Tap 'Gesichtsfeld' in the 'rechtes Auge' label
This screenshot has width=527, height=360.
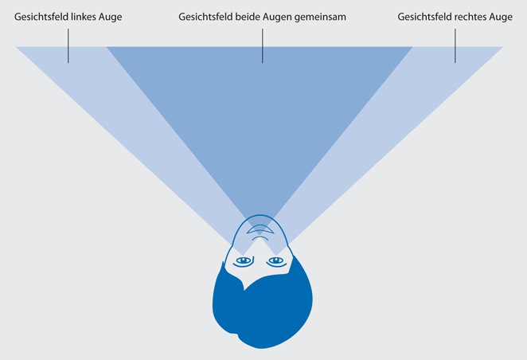coord(424,16)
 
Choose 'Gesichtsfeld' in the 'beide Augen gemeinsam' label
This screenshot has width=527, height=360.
coord(206,16)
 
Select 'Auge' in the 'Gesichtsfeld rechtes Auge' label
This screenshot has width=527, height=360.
coord(498,16)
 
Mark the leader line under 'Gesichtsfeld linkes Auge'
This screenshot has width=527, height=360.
coord(68,45)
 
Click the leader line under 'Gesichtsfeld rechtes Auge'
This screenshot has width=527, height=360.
coord(455,45)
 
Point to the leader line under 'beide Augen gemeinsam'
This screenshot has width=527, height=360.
coord(262,45)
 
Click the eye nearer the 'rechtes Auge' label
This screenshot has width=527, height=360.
coord(275,260)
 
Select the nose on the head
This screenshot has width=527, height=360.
coord(259,230)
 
